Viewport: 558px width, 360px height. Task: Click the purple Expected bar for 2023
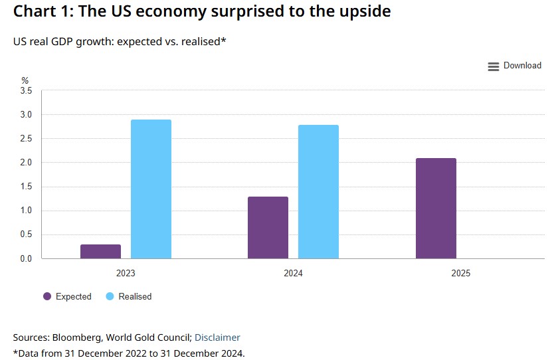tap(100, 252)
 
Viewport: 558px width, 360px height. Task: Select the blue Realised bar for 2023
tap(151, 189)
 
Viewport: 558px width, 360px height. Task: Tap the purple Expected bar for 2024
tap(268, 228)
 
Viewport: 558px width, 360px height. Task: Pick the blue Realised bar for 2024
tap(318, 192)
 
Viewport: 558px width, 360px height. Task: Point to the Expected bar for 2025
tap(436, 209)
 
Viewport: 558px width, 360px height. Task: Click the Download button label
tap(522, 66)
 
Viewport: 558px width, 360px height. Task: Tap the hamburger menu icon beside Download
tap(493, 66)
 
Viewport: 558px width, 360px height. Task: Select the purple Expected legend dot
tap(47, 296)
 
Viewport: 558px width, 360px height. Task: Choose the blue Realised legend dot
tap(110, 296)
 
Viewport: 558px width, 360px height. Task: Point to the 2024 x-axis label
tap(293, 273)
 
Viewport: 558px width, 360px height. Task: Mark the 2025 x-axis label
tap(460, 273)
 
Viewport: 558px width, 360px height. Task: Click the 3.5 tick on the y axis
tap(27, 91)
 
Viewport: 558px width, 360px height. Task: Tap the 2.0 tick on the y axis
tap(27, 163)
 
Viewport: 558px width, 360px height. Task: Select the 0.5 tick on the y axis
tap(27, 234)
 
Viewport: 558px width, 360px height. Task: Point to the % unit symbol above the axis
tap(25, 80)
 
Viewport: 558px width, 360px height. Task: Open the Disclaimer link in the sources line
tap(217, 337)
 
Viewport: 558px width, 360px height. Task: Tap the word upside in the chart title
tap(359, 11)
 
